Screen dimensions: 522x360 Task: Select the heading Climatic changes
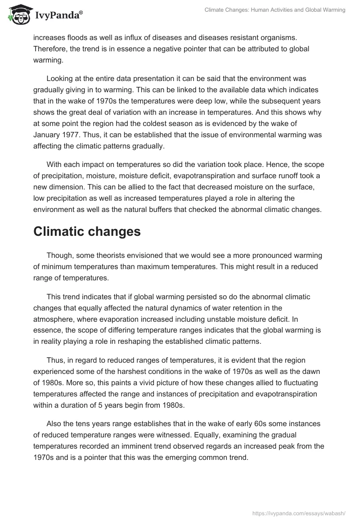coord(87,232)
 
